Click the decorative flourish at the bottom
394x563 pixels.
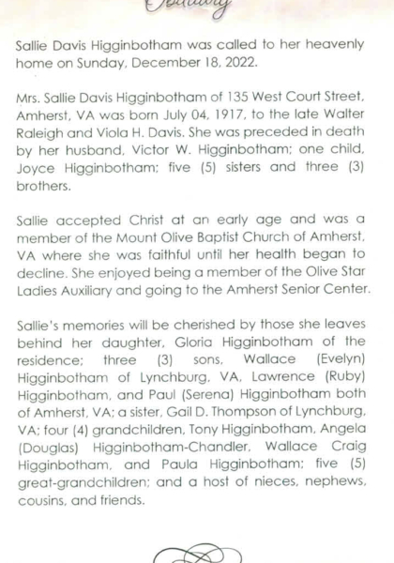197,551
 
